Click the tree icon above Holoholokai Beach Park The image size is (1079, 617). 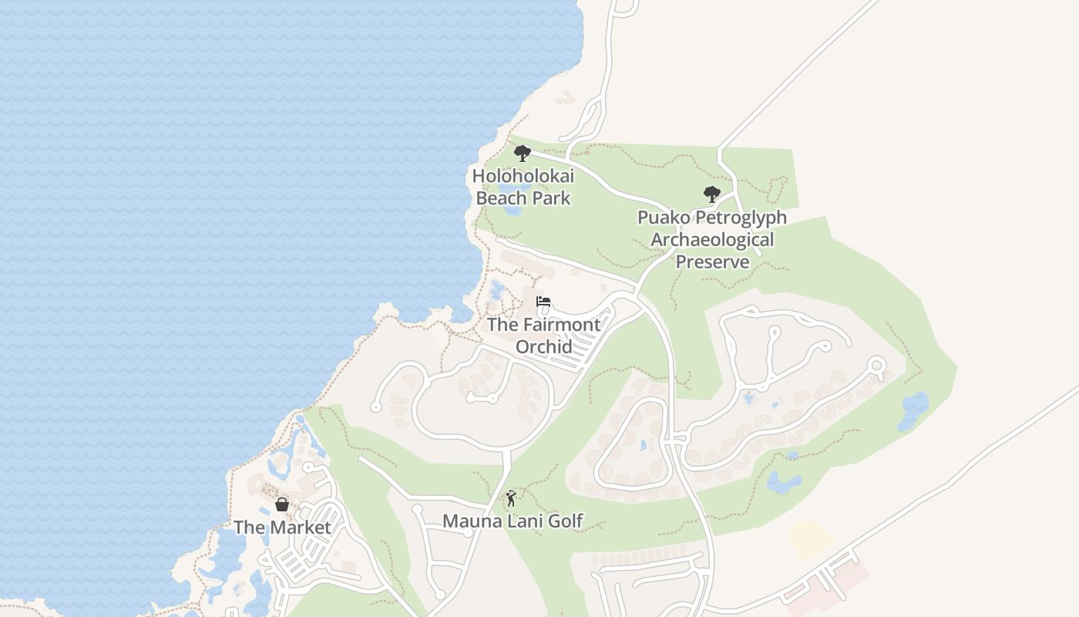[x=523, y=153]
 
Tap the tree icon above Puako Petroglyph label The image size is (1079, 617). [x=711, y=194]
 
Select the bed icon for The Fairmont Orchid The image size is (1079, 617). [x=543, y=302]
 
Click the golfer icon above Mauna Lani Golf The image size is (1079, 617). [x=510, y=499]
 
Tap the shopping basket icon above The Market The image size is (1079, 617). [x=282, y=504]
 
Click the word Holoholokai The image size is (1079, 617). [x=523, y=176]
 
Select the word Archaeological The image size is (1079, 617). [x=712, y=239]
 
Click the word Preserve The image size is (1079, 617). [x=712, y=261]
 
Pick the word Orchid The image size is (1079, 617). [x=543, y=346]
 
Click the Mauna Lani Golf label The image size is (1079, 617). [x=513, y=521]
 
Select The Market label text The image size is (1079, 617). [x=282, y=528]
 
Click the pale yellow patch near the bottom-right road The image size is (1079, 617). [x=809, y=540]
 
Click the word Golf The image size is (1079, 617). [x=565, y=521]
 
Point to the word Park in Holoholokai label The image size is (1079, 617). [x=551, y=198]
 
